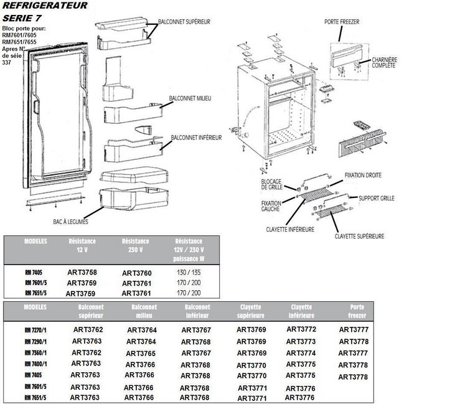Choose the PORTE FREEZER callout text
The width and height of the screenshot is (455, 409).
pyautogui.click(x=342, y=22)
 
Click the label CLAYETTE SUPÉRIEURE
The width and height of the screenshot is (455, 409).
pyautogui.click(x=359, y=236)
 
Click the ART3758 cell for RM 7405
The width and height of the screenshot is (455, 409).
pyautogui.click(x=82, y=271)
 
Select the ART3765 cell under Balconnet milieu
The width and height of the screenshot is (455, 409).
pyautogui.click(x=140, y=353)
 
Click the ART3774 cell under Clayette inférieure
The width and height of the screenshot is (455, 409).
pyautogui.click(x=301, y=352)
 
